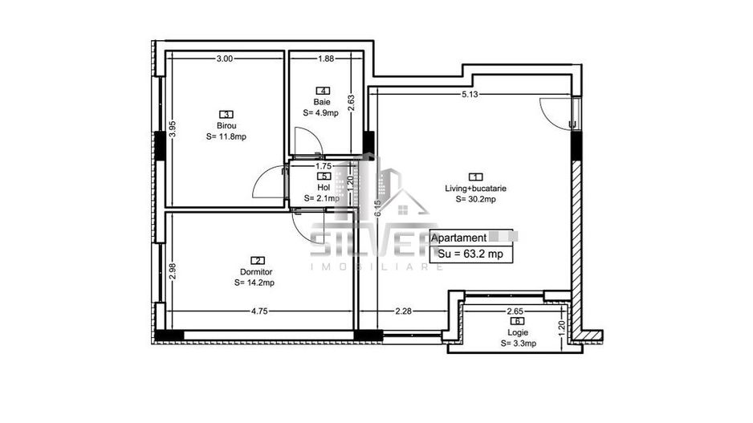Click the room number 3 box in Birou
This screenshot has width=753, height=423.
tap(226, 114)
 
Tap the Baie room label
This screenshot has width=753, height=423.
tap(321, 102)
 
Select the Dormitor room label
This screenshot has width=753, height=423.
tap(254, 271)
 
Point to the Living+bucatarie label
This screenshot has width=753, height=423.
tap(476, 189)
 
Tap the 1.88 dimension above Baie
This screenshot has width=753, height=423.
tap(325, 59)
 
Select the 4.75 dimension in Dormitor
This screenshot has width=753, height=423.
tap(259, 311)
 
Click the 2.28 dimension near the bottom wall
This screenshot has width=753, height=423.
tap(403, 311)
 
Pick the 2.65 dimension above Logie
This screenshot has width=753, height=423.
tap(515, 311)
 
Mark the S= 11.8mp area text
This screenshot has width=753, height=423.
tap(226, 136)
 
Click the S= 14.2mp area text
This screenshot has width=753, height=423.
tap(254, 283)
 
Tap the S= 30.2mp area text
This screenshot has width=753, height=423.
tap(476, 199)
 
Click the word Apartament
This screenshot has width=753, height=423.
tap(458, 238)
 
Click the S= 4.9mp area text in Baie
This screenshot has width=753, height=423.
tap(321, 113)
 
